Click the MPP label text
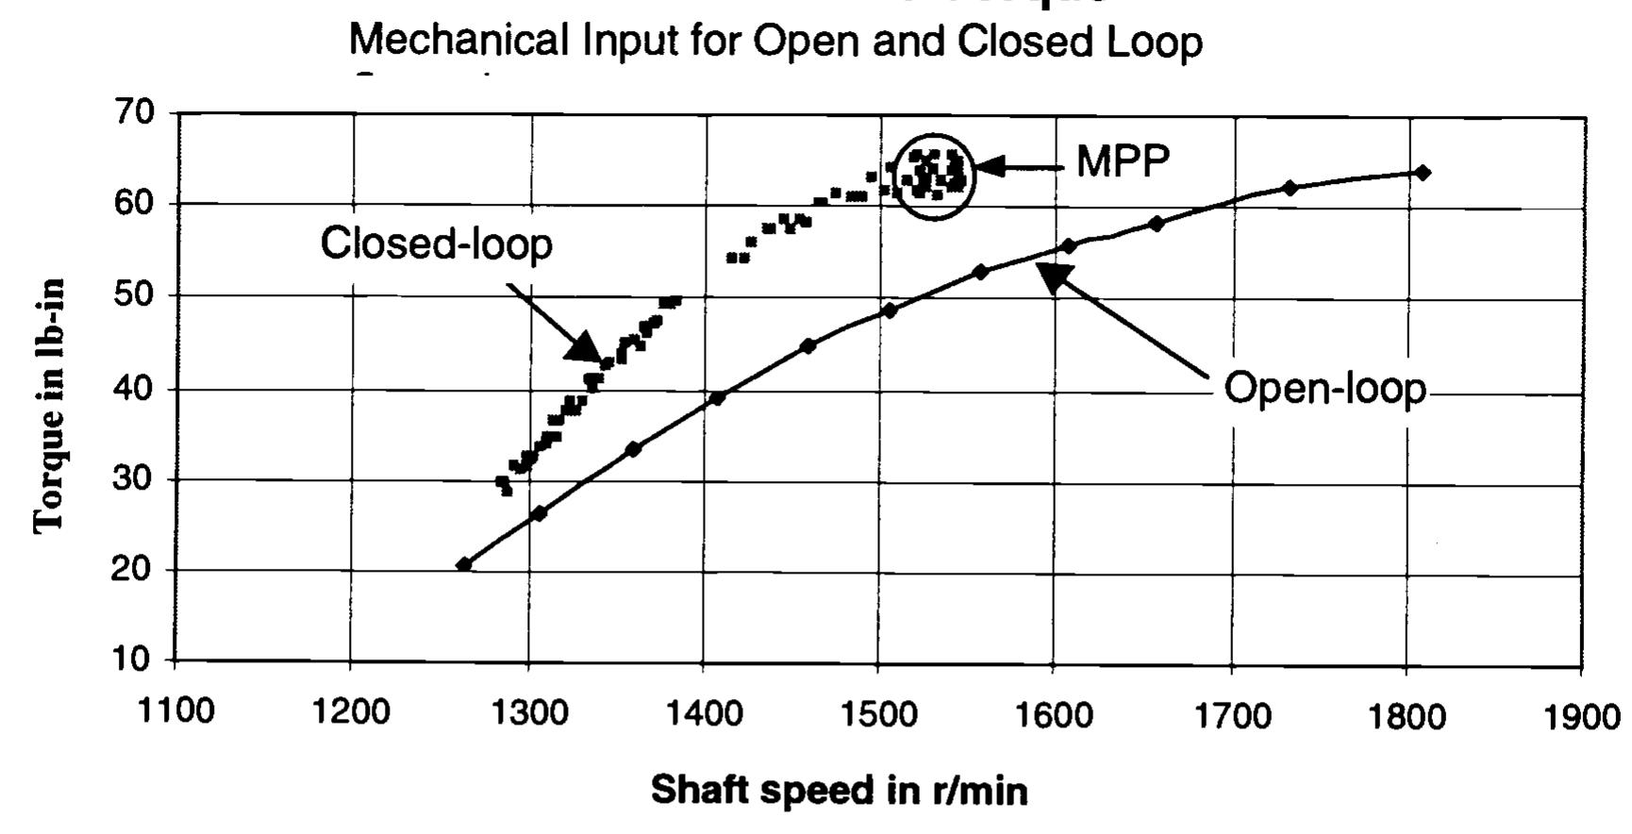(1122, 162)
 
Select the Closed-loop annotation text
(436, 243)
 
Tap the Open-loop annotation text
(1324, 388)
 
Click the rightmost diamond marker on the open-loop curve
(1423, 173)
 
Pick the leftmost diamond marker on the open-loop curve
(463, 564)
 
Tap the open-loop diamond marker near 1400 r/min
(717, 398)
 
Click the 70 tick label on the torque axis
(135, 112)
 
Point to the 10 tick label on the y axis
(133, 659)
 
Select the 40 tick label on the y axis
(134, 388)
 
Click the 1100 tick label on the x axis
(175, 711)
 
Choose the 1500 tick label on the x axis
(877, 714)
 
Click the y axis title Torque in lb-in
(49, 406)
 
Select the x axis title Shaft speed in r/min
(839, 790)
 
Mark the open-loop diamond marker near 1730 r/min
(1290, 188)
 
